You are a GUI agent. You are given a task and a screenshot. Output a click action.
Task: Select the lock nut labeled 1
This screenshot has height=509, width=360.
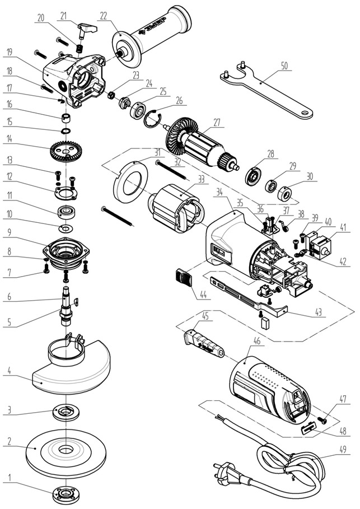(x=66, y=495)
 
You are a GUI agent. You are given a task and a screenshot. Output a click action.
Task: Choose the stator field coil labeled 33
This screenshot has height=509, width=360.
(x=173, y=210)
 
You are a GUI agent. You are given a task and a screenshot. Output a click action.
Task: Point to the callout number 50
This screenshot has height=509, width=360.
(x=284, y=66)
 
